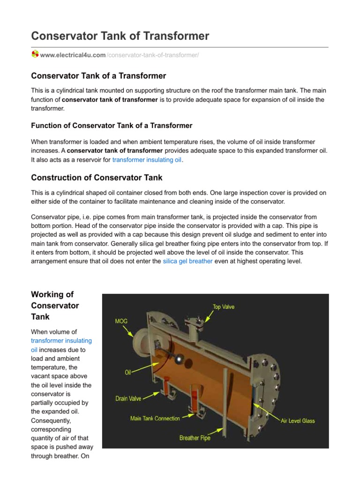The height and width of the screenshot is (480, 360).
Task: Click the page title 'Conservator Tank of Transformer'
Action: [x=120, y=36]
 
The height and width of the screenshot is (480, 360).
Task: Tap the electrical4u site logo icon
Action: [x=35, y=55]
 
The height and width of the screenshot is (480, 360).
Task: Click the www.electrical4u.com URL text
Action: [x=73, y=55]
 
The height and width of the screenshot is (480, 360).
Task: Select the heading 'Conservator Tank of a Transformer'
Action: [x=98, y=76]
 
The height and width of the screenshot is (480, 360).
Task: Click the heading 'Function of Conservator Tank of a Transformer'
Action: [x=112, y=125]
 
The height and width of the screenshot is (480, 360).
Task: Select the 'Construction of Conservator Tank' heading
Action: [x=97, y=178]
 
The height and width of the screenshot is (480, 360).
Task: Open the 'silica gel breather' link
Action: [x=187, y=261]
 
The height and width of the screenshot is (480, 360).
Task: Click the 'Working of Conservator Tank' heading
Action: [x=55, y=306]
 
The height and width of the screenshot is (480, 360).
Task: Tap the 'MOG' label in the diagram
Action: [x=121, y=322]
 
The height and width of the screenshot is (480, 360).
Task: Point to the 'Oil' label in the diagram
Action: [x=127, y=372]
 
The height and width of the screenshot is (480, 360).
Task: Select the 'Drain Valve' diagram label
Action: [x=128, y=398]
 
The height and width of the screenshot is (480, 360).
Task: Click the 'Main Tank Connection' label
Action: [x=155, y=418]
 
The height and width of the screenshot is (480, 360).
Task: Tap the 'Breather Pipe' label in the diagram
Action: [x=195, y=438]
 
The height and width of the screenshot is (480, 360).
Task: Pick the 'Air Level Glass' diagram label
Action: [x=298, y=420]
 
